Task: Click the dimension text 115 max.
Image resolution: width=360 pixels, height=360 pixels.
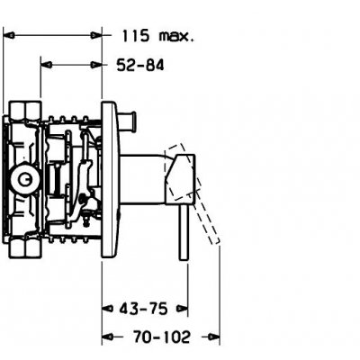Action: coord(157,36)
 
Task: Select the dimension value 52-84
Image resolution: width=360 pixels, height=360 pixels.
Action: coord(140,65)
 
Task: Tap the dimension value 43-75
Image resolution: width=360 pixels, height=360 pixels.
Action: coord(143,309)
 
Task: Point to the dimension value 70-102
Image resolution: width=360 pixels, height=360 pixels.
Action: coord(161,337)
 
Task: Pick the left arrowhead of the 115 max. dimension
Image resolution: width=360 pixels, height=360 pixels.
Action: coord(8,35)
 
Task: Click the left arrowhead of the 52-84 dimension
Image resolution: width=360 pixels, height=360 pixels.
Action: coord(47,65)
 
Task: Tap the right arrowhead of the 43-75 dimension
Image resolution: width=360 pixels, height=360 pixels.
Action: coord(182,308)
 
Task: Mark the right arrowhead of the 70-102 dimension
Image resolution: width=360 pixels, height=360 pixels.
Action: coord(214,337)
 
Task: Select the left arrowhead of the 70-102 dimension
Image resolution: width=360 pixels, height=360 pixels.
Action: coord(107,337)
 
